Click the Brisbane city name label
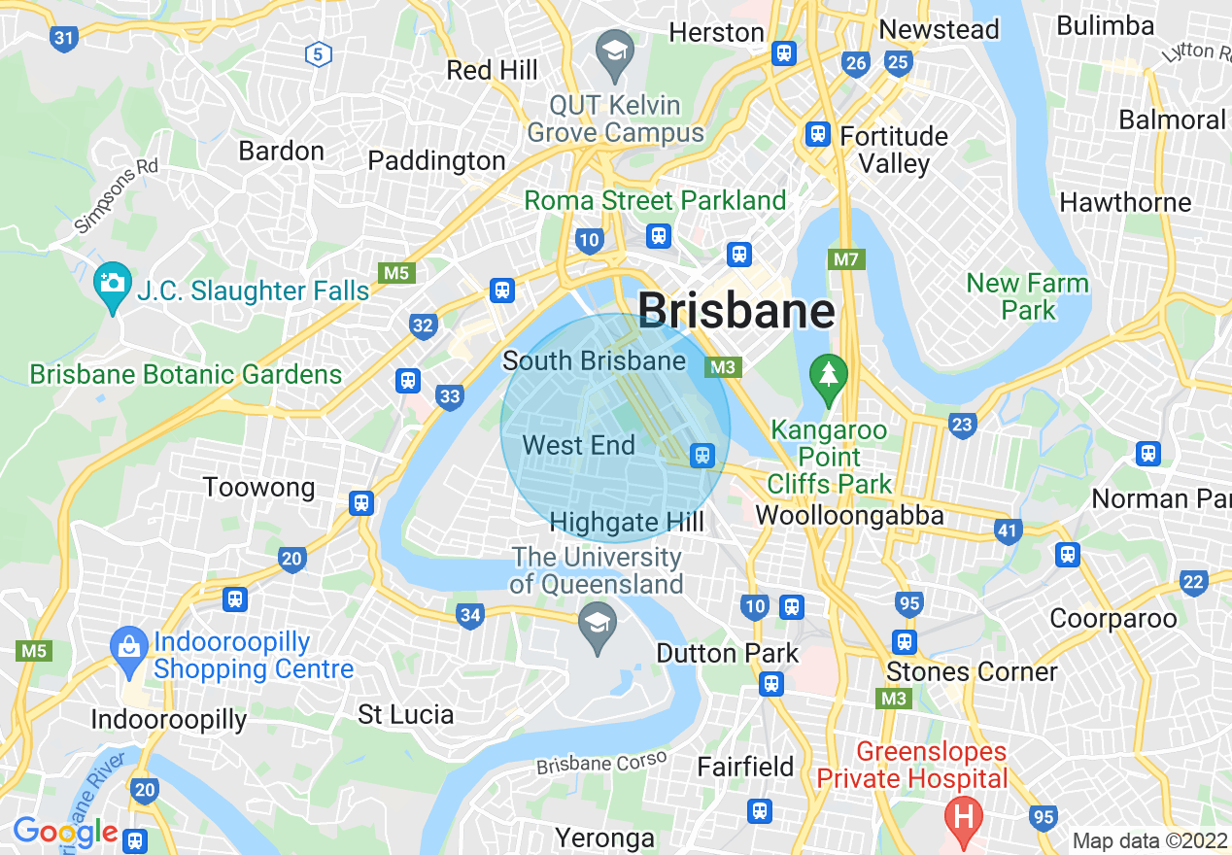pos(736,312)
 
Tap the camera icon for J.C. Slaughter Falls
pos(113,283)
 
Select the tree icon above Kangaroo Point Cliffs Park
pos(828,374)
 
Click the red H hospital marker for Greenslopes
pos(964,814)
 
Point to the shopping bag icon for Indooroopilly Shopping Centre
pos(128,644)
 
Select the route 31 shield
pos(64,40)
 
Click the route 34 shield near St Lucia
pos(470,615)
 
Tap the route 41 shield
pos(1008,530)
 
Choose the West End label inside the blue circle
pos(578,446)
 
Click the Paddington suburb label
pos(436,160)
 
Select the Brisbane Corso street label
pos(601,763)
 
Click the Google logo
pos(64,832)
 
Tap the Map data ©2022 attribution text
pos(1147,840)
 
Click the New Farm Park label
pos(1027,297)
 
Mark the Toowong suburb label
pos(258,487)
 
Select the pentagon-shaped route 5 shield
pos(318,54)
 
